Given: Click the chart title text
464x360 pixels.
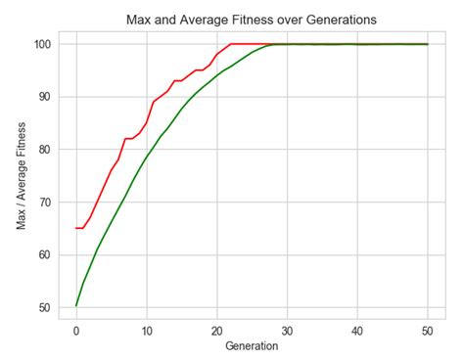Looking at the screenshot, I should (252, 20).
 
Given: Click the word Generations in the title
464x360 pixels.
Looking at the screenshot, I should (343, 20).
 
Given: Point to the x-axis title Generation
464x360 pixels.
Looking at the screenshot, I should (252, 345).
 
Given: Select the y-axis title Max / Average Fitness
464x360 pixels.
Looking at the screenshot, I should (21, 175).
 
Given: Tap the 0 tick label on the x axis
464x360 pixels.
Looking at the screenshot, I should (76, 330).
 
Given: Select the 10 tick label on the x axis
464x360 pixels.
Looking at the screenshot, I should (147, 330).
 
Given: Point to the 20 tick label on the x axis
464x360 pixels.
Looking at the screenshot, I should (217, 330).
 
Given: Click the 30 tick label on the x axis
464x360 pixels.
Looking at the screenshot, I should (288, 330).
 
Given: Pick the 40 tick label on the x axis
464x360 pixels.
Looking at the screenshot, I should (357, 330).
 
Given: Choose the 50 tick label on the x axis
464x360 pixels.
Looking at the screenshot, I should (428, 330).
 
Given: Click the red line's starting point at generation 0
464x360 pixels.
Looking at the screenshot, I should (76, 228).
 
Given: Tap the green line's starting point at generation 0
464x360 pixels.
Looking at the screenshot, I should (76, 304).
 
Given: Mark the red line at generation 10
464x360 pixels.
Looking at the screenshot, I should (147, 123).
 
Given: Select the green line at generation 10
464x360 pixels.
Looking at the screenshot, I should (147, 157).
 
